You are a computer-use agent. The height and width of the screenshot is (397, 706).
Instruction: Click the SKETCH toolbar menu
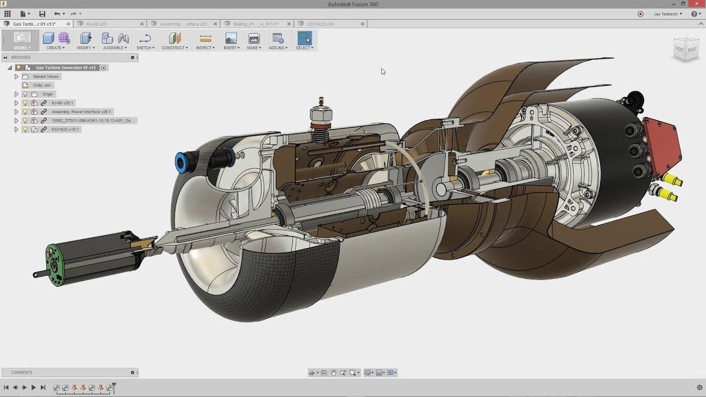coord(145,41)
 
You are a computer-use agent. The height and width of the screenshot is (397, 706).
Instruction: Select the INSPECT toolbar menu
coord(205,41)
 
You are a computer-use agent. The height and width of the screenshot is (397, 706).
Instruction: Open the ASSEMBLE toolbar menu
coord(115,41)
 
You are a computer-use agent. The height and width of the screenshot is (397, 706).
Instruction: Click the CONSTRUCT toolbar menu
coord(175,41)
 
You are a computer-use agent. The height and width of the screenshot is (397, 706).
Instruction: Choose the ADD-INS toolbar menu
coord(278,41)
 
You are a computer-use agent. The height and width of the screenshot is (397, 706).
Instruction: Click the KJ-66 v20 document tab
coord(106,24)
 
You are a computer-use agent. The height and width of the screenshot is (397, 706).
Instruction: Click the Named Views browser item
coord(45,76)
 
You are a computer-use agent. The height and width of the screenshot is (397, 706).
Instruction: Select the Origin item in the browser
coord(47,94)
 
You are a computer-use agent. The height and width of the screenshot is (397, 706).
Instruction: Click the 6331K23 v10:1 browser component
coord(65,129)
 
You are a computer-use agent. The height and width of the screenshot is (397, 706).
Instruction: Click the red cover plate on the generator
coord(661,147)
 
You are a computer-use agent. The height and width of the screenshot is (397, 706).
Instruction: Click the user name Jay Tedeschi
coord(667,14)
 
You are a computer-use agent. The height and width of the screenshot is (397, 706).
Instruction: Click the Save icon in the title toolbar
coord(42,14)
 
